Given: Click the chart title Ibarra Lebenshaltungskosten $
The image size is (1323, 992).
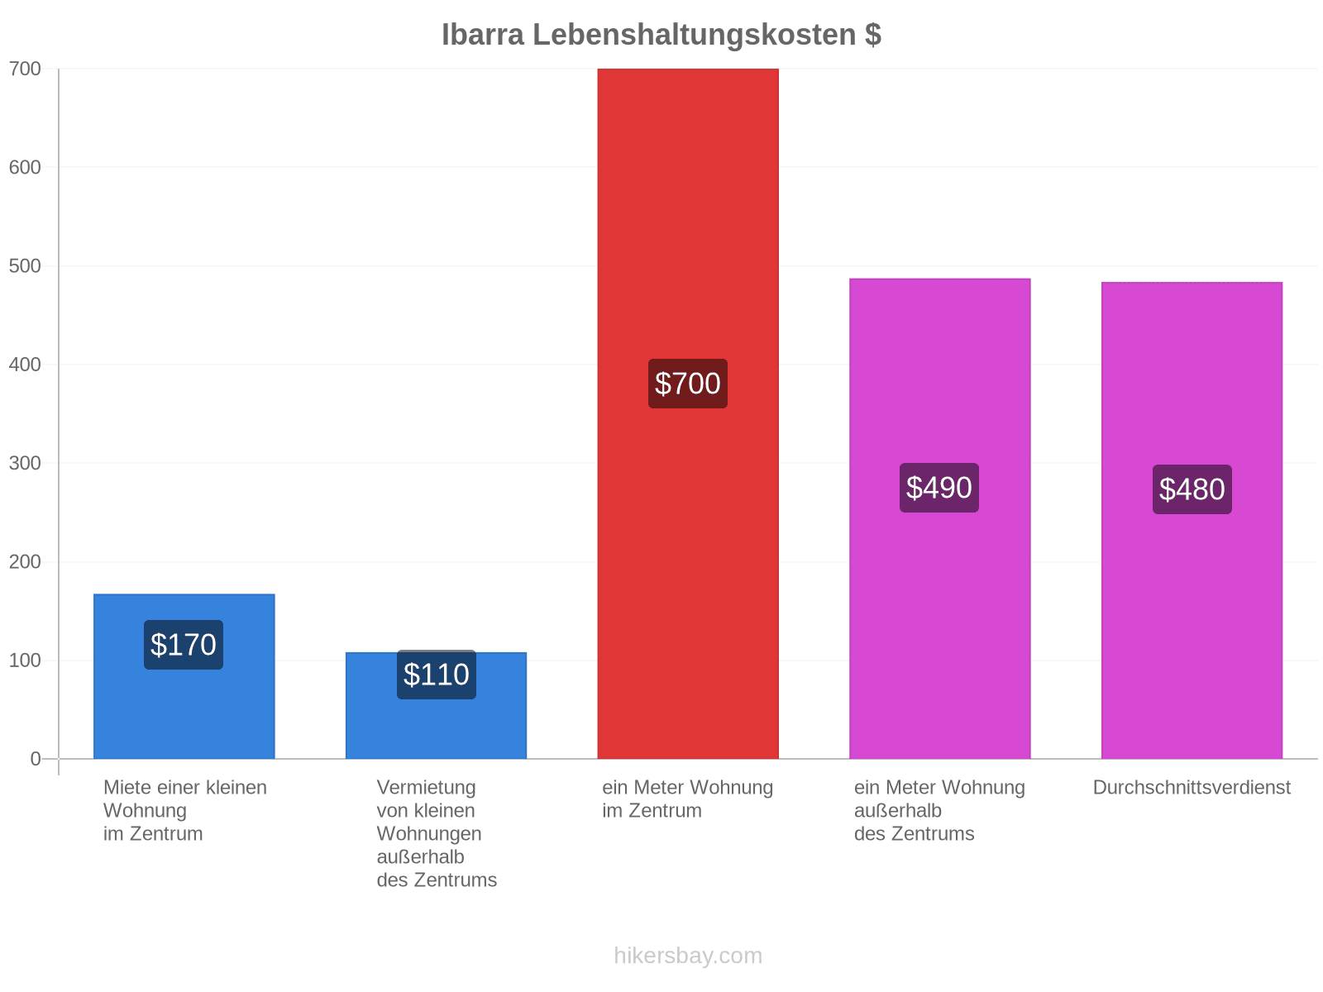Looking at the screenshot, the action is (x=661, y=35).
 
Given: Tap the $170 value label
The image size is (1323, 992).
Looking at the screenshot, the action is (x=184, y=645).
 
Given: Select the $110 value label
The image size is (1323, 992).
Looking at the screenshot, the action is (x=437, y=675).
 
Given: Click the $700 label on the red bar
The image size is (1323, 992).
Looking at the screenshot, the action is (x=688, y=384).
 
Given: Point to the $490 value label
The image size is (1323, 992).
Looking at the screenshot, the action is (x=939, y=488).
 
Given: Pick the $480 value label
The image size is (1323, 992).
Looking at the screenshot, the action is (x=1192, y=489).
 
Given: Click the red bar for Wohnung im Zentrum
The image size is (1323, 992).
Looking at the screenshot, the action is (x=688, y=414).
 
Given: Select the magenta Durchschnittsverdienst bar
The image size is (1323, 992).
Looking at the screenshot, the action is (x=1192, y=521).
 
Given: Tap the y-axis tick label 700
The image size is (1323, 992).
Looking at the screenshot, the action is (x=25, y=69).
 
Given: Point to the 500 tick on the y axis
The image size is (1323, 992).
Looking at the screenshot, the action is (x=25, y=265).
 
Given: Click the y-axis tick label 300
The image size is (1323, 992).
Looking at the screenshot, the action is (x=25, y=463).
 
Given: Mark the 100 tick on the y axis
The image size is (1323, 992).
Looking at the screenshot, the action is (x=25, y=661).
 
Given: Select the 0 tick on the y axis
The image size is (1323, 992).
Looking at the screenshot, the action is (x=36, y=759).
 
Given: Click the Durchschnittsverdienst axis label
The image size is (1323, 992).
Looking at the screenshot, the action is (x=1192, y=787).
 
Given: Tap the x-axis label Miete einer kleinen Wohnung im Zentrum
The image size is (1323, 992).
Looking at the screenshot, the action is (x=185, y=811).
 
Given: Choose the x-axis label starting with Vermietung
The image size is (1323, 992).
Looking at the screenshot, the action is (x=437, y=833).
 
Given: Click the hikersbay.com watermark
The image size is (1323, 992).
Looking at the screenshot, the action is (x=688, y=956).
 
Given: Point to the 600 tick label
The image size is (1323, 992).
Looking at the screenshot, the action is (x=25, y=167).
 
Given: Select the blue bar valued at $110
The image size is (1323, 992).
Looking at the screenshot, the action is (x=437, y=705).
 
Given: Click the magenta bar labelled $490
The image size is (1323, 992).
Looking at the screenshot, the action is (x=939, y=518).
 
